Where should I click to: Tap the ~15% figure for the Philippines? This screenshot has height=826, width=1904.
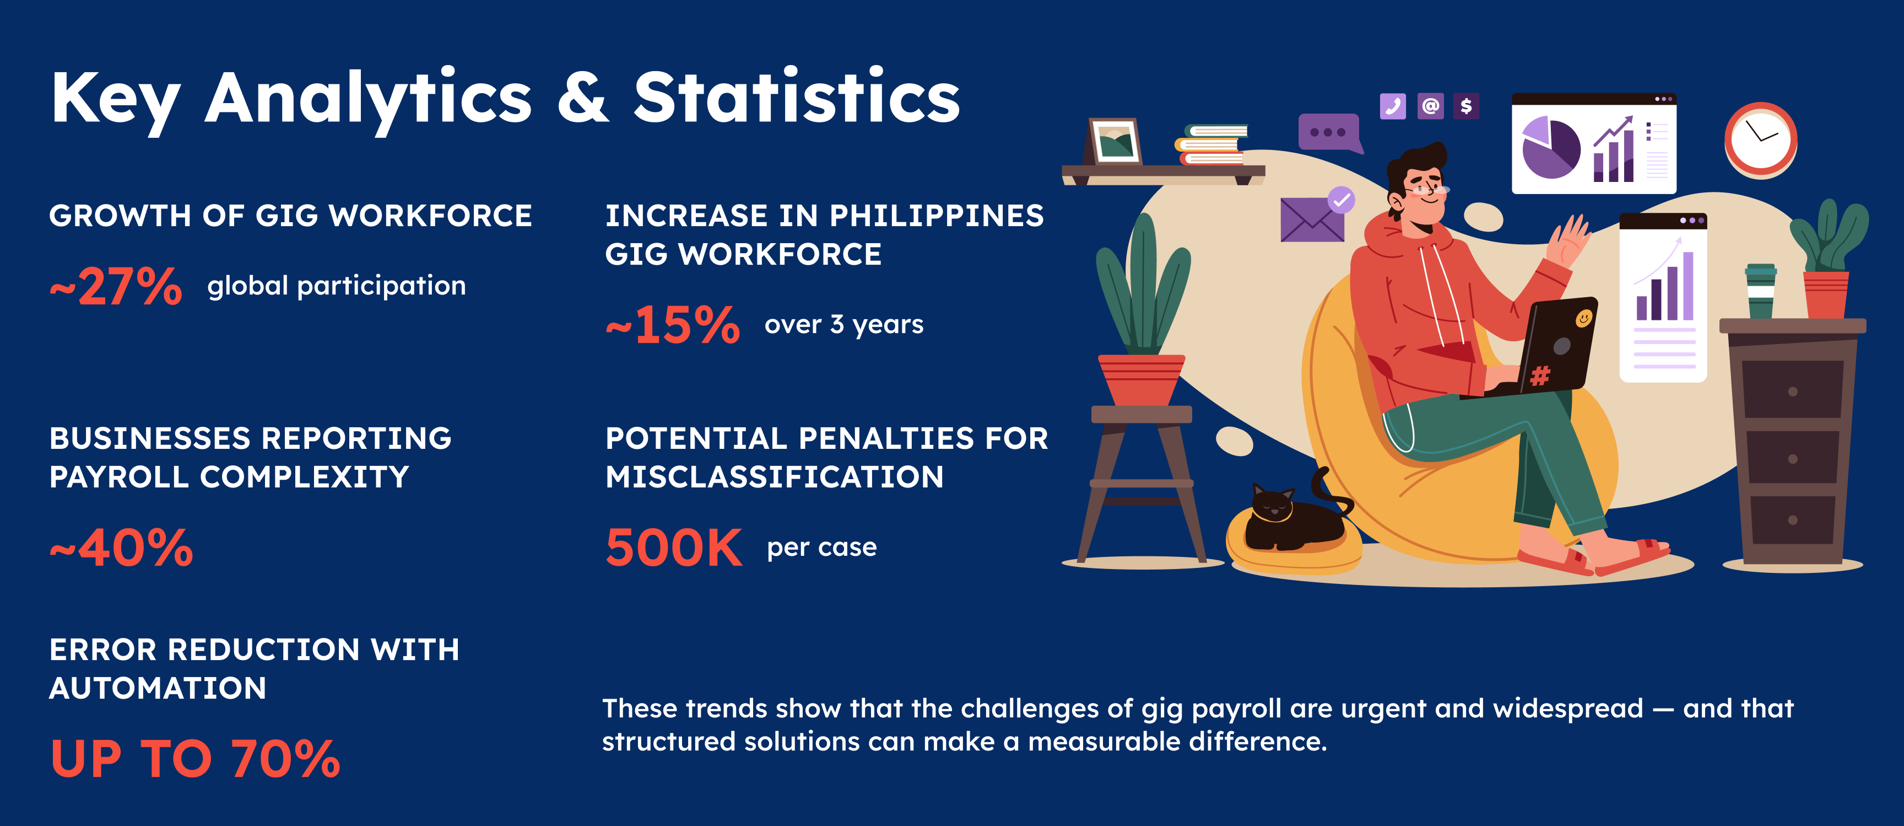(x=673, y=325)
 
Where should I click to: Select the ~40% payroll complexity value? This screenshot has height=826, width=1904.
(x=121, y=548)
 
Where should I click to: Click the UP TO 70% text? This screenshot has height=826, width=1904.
(x=195, y=759)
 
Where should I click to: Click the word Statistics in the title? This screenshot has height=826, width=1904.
(x=797, y=97)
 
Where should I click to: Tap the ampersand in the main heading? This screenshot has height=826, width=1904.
(x=583, y=98)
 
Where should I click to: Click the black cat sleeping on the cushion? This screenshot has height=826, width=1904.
(x=1295, y=514)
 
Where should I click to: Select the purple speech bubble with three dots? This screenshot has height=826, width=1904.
(x=1330, y=133)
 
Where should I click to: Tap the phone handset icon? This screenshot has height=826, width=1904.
(x=1393, y=106)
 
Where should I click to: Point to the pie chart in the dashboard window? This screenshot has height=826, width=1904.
(x=1551, y=148)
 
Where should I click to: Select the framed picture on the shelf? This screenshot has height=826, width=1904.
(x=1115, y=141)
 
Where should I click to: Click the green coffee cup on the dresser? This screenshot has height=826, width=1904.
(x=1761, y=291)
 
